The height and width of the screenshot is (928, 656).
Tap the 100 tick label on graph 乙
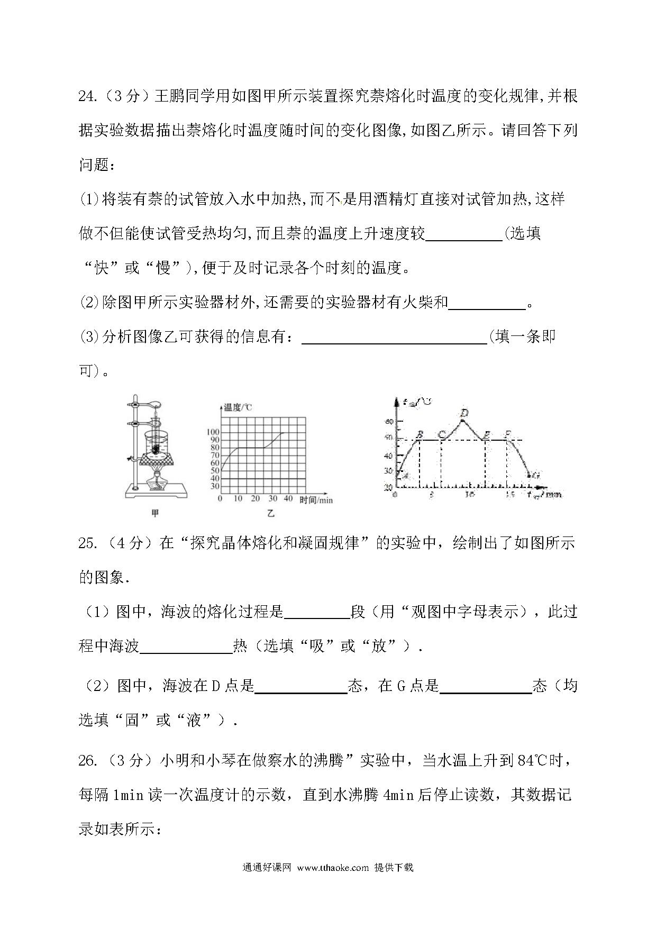tap(212, 432)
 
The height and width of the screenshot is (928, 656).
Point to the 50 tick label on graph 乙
tap(214, 470)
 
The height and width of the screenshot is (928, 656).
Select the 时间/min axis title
tap(316, 499)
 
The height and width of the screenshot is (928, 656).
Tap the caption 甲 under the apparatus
tap(155, 513)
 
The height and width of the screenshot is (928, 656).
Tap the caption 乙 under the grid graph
tap(271, 513)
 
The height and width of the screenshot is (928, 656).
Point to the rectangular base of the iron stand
tap(156, 492)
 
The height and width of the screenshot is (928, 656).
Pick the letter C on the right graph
tap(441, 435)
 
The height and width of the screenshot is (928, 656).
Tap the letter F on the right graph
tap(507, 435)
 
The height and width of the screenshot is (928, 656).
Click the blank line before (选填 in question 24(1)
tap(463, 233)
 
